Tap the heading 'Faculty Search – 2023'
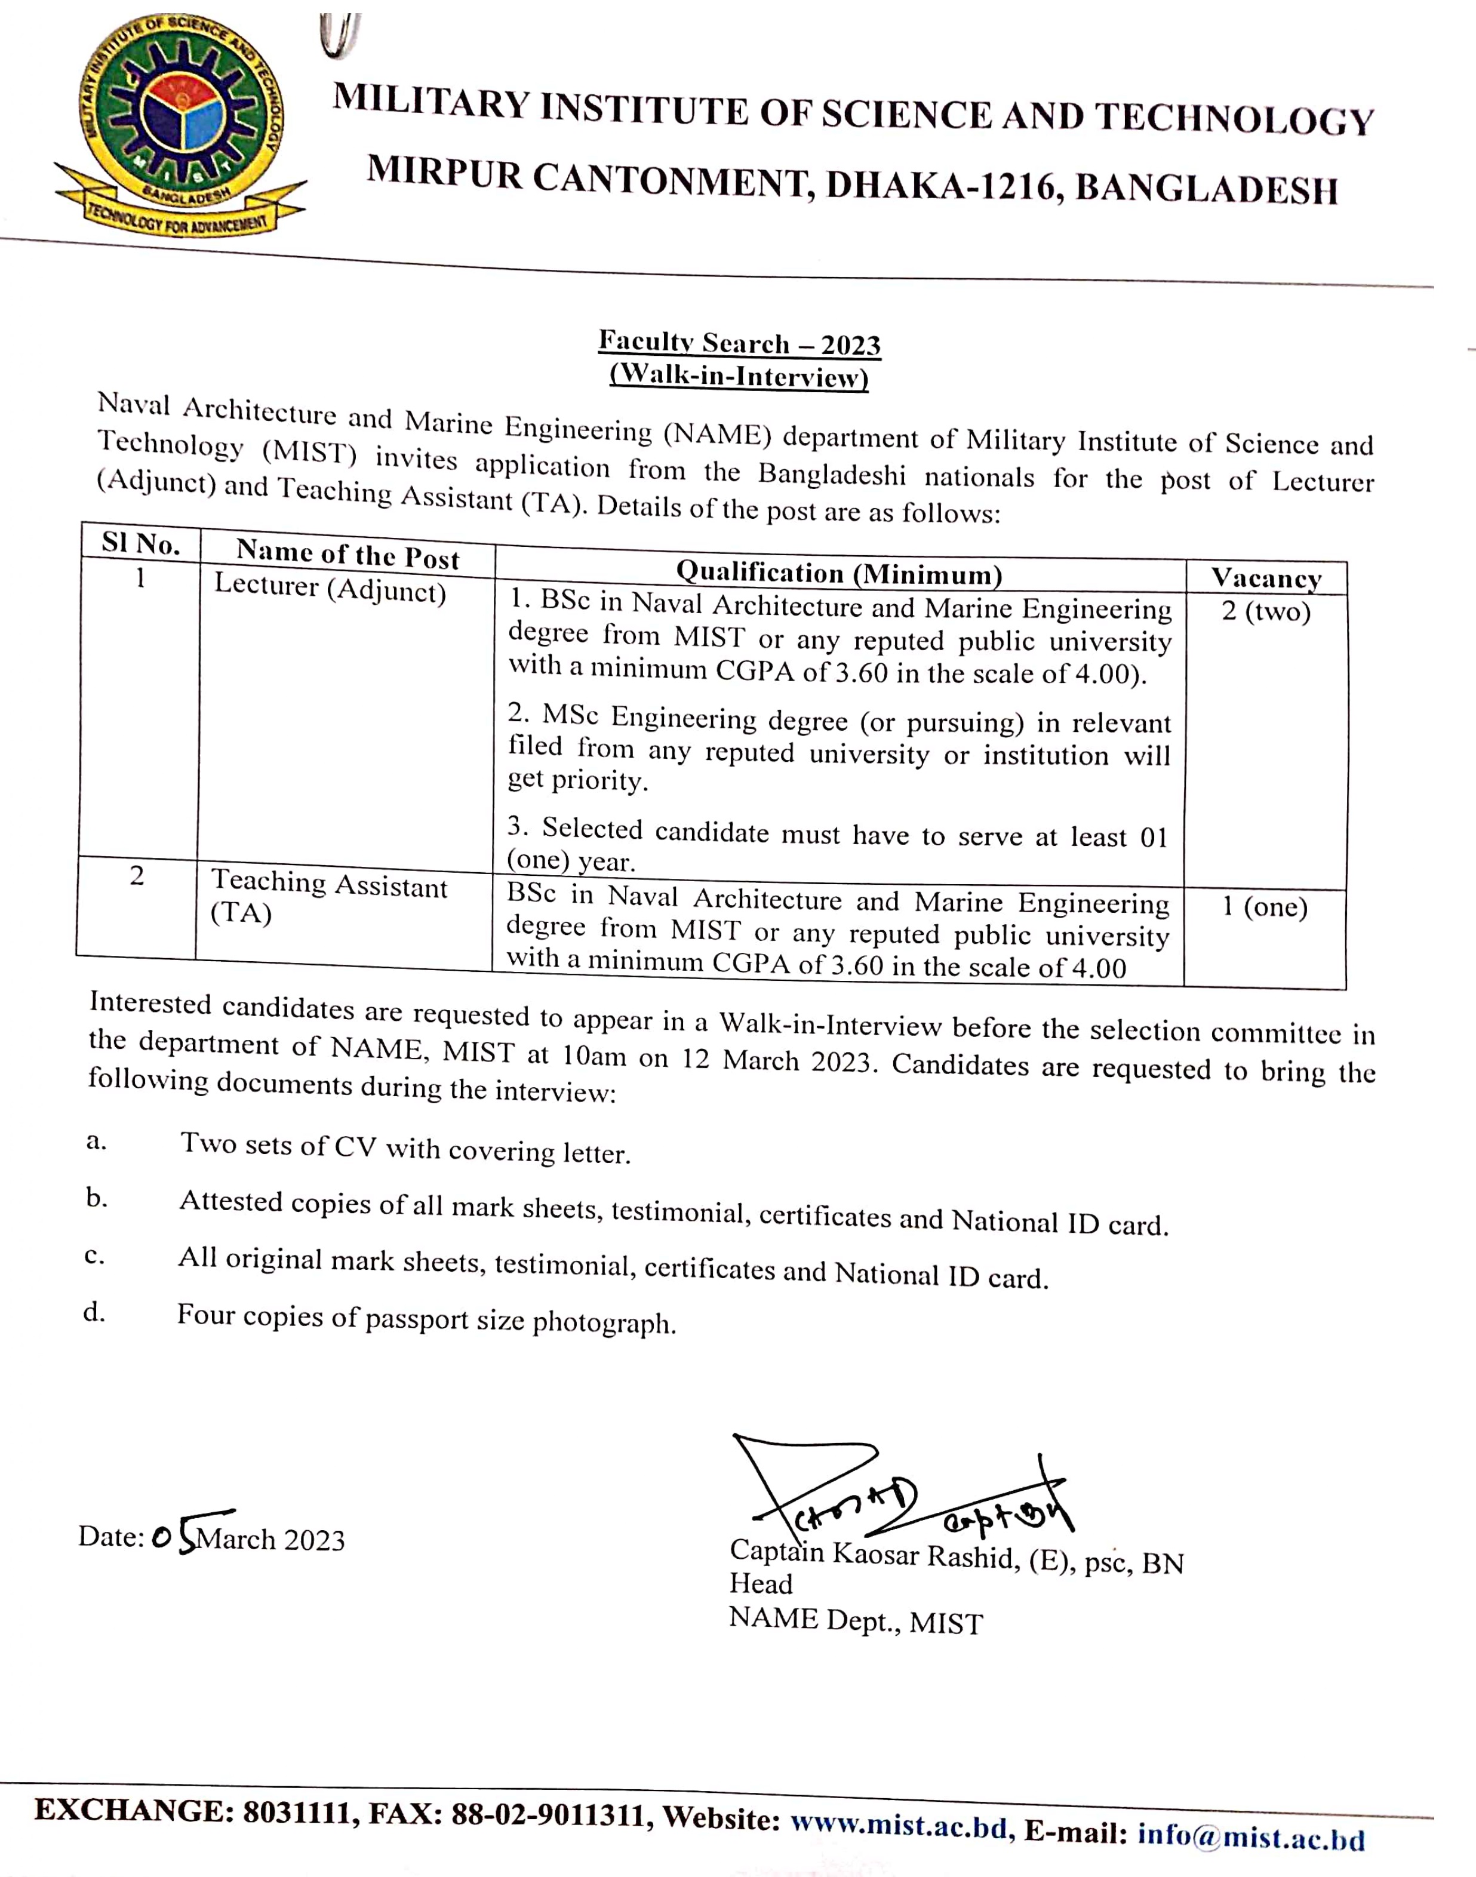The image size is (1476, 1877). (739, 343)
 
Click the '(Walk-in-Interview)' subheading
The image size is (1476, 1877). (739, 377)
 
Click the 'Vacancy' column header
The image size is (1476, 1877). (1266, 577)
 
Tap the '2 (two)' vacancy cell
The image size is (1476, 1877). (1266, 612)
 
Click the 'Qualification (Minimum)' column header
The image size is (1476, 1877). (838, 573)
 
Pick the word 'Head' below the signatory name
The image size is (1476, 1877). (761, 1583)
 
